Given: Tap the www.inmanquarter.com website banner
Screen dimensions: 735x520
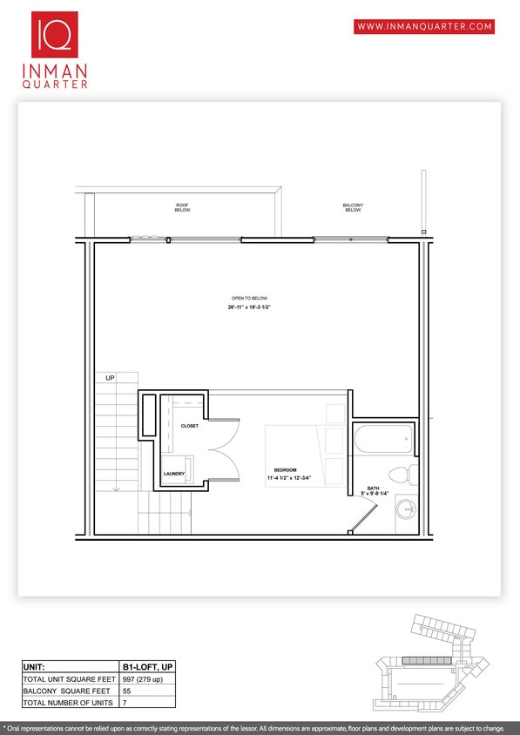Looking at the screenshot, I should (x=424, y=26).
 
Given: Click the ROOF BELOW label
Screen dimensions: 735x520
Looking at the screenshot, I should (x=182, y=207).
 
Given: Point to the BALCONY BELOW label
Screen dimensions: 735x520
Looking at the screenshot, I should (x=353, y=207).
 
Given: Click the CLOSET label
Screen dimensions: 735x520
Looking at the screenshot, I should (x=190, y=426).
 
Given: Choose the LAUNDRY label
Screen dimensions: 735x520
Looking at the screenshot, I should (x=173, y=475).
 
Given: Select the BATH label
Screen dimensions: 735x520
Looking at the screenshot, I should (x=373, y=489).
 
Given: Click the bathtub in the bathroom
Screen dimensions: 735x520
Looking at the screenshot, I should (x=384, y=439).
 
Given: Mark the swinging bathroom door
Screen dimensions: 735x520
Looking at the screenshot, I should (x=361, y=520).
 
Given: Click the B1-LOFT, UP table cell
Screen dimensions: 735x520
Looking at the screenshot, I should (x=149, y=667).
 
